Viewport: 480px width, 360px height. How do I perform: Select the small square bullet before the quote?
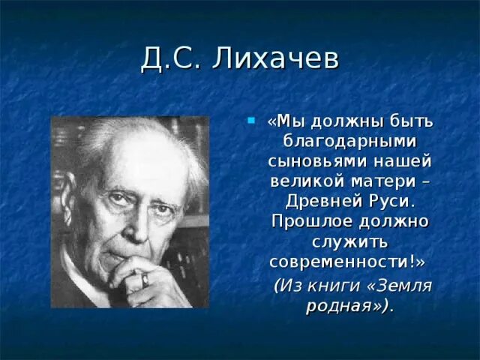251,119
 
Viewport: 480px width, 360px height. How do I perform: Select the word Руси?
391,201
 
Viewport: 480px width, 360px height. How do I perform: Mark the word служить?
349,241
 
